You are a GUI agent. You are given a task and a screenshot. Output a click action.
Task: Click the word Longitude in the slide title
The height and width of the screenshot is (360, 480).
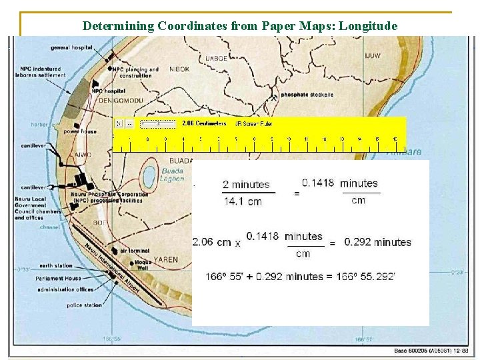368,26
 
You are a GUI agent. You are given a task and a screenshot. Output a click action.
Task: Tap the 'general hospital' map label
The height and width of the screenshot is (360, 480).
71,47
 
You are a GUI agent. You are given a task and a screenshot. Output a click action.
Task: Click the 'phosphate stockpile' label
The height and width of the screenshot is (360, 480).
307,95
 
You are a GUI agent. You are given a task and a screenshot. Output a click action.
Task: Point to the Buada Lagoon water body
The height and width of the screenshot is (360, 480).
149,176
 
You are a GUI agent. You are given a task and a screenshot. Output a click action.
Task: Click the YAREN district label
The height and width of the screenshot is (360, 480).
166,259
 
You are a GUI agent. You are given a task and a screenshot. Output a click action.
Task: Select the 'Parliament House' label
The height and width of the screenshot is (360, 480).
59,278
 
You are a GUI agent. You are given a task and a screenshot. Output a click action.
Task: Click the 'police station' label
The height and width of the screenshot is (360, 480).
84,305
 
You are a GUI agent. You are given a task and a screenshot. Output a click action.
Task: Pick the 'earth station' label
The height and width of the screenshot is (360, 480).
55,265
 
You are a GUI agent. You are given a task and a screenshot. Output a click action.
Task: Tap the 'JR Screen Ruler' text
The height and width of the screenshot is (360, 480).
251,123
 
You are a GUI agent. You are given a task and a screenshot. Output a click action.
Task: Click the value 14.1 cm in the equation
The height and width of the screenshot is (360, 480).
242,201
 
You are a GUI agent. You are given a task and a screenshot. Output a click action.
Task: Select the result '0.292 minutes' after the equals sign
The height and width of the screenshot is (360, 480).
377,242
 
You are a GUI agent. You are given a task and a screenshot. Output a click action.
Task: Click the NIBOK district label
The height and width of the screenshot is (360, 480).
179,69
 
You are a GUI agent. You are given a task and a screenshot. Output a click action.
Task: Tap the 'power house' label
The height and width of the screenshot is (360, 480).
79,131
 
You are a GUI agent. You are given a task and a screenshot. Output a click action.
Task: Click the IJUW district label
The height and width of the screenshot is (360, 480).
373,55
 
